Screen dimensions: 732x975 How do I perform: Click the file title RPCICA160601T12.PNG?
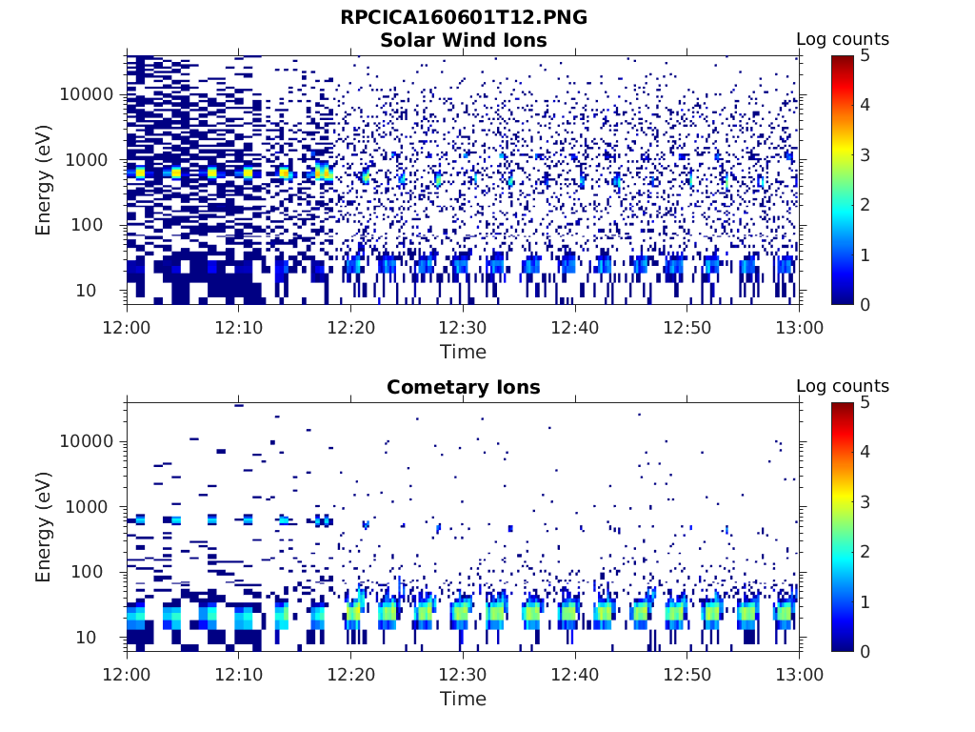[464, 17]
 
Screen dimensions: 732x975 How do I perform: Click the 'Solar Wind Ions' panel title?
[464, 40]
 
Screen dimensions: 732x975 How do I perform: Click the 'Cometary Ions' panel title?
[464, 387]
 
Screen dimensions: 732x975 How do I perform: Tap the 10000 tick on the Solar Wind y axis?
[88, 94]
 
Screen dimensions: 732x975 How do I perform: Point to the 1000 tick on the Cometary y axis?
[92, 507]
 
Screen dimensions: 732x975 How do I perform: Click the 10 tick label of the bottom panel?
[102, 637]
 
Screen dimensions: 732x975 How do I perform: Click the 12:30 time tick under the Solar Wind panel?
[463, 327]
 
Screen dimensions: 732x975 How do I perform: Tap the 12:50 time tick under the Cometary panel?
[687, 674]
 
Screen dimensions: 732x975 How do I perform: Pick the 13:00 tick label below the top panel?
[799, 327]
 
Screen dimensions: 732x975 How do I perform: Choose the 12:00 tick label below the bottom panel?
[127, 674]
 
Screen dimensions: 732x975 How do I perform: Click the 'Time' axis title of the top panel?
[463, 352]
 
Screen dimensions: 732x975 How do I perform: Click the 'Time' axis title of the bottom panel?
[463, 699]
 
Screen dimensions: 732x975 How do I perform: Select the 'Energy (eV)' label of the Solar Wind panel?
[44, 179]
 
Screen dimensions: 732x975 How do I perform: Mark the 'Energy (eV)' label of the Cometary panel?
[44, 526]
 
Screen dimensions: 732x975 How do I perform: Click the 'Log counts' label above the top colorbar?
[843, 39]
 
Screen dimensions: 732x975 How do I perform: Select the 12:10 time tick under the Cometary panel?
[239, 674]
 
